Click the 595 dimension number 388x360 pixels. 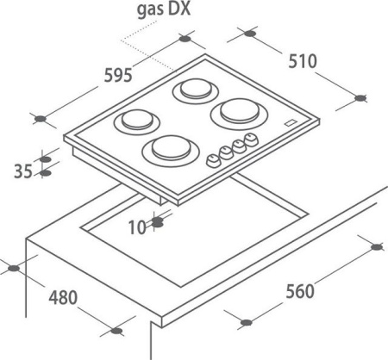118,75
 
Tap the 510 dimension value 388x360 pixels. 303,61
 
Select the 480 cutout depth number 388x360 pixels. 63,297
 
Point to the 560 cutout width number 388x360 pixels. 300,291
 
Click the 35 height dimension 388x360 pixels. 23,171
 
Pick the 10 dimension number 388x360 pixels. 137,227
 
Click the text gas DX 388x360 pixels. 164,9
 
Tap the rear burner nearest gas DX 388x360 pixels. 196,90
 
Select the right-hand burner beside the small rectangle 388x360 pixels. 239,113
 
